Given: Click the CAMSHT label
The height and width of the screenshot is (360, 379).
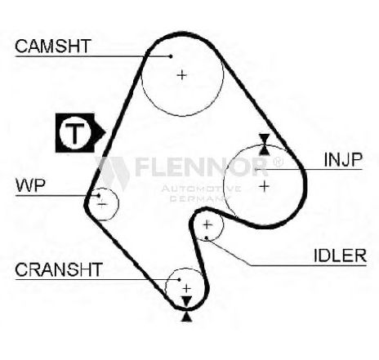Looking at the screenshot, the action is pos(53,47).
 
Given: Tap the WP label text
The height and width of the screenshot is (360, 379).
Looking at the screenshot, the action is pos(30,185).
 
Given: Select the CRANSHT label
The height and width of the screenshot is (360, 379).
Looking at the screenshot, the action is pos(59,269).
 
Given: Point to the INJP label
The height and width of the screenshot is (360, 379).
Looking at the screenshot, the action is pos(343,159).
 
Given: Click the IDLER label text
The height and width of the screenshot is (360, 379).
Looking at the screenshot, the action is pos(341,256).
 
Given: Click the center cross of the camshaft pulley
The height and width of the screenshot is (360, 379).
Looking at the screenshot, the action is pos(181,74).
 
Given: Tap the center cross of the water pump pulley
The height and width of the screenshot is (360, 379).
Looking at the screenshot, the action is pos(102,204).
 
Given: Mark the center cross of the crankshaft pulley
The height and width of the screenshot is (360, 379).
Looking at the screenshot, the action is pos(187,288).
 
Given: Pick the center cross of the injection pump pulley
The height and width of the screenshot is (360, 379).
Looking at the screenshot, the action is pos(264,186).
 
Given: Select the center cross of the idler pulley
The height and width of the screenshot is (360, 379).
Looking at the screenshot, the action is pos(207,224).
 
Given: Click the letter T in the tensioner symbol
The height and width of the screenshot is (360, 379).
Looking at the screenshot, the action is pos(75,133).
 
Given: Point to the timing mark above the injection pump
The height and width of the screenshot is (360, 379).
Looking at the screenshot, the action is pos(264,144).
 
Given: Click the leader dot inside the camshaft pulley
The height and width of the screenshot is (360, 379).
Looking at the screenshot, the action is pos(171,56).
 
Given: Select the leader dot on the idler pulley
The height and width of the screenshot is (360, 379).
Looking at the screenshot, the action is pos(207,238).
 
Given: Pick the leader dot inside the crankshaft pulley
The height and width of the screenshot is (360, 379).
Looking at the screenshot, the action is pos(179,279).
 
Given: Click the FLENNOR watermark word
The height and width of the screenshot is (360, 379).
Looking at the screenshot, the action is pos(202,167).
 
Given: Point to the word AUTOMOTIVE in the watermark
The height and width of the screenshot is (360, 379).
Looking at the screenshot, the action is pos(201,189).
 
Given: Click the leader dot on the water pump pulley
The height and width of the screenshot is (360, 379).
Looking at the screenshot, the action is pos(99,195).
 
